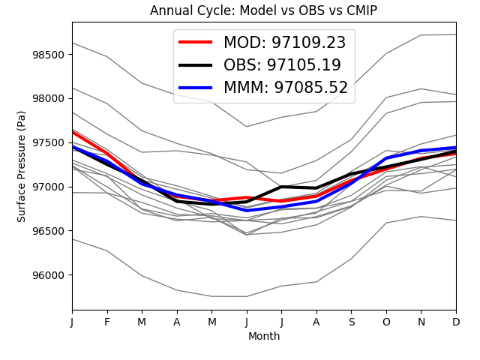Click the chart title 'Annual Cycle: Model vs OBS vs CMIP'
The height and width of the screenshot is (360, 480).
pyautogui.click(x=263, y=10)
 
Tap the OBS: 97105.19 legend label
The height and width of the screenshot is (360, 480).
pyautogui.click(x=282, y=65)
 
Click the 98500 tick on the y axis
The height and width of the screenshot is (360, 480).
pyautogui.click(x=49, y=55)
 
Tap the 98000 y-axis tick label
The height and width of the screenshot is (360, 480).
pyautogui.click(x=49, y=99)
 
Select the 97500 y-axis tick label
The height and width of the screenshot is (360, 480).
pyautogui.click(x=49, y=142)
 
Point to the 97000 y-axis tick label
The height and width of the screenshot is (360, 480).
pyautogui.click(x=49, y=187)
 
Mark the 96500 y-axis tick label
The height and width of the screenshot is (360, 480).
pyautogui.click(x=49, y=231)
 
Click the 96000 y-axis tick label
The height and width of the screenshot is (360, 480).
pyautogui.click(x=49, y=275)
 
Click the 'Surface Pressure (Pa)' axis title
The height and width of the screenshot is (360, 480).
pyautogui.click(x=22, y=166)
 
